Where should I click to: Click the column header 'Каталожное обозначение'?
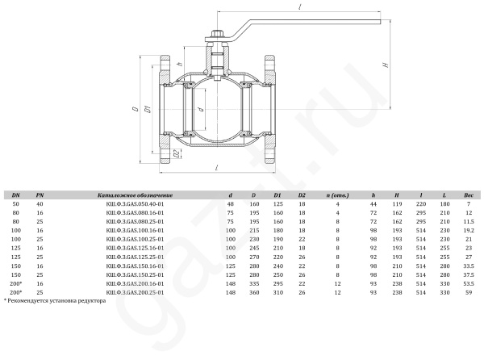(x=135, y=195)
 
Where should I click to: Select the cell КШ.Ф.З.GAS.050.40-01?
(x=135, y=204)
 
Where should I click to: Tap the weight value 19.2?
(x=469, y=230)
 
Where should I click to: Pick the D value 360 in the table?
(x=254, y=292)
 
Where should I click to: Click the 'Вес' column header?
(x=469, y=195)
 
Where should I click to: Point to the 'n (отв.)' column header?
(x=338, y=195)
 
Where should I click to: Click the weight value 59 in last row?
(x=469, y=292)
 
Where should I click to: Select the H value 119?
(x=397, y=204)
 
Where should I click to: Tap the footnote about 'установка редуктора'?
(x=55, y=300)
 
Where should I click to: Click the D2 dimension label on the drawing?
(x=176, y=153)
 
